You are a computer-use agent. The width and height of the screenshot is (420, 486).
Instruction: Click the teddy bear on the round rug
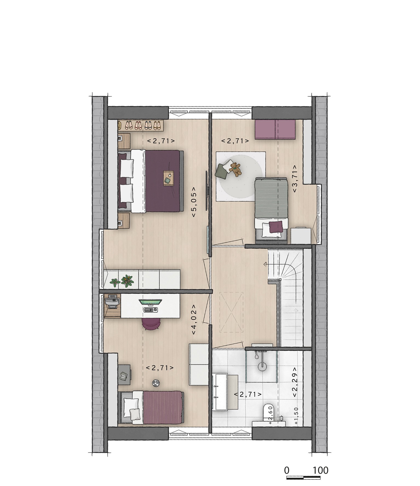(235, 169)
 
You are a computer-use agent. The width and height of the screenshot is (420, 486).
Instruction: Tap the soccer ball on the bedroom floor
(156, 383)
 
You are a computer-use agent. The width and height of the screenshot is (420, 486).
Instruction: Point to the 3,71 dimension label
(295, 179)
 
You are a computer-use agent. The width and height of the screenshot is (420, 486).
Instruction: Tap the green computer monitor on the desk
(150, 302)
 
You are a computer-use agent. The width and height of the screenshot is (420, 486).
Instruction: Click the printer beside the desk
(112, 302)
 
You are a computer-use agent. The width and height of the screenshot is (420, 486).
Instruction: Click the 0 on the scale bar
(287, 470)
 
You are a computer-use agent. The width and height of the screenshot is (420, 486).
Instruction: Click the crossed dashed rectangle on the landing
(232, 312)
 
